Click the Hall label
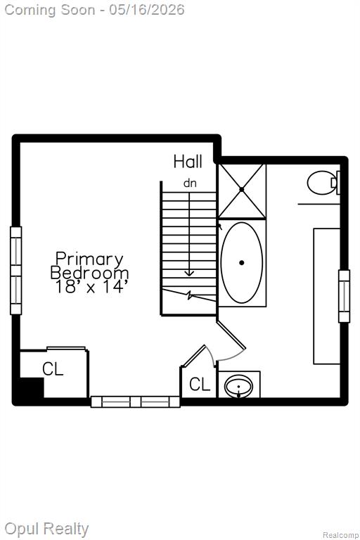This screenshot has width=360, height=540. [x=188, y=162]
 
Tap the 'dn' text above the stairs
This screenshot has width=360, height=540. [x=190, y=184]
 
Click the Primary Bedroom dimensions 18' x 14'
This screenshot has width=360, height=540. [x=89, y=287]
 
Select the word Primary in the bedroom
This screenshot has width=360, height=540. [x=89, y=259]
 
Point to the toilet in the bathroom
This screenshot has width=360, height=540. [x=323, y=183]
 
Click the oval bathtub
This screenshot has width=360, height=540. [x=242, y=263]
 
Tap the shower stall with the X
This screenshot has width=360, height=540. [x=242, y=191]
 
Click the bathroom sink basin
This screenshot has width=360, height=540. [x=238, y=386]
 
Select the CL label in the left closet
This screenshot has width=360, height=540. [x=53, y=369]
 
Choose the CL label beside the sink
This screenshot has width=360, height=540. [x=200, y=384]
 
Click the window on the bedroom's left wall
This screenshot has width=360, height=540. [x=16, y=270]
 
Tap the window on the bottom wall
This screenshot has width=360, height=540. [x=136, y=402]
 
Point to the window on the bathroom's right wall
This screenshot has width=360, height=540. [x=344, y=296]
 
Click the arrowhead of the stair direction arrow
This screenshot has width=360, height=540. [x=189, y=274]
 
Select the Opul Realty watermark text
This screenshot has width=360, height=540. [x=47, y=529]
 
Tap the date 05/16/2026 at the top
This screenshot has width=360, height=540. [x=147, y=10]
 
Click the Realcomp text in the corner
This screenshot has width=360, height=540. [x=340, y=535]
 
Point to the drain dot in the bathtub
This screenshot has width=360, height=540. [x=242, y=263]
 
